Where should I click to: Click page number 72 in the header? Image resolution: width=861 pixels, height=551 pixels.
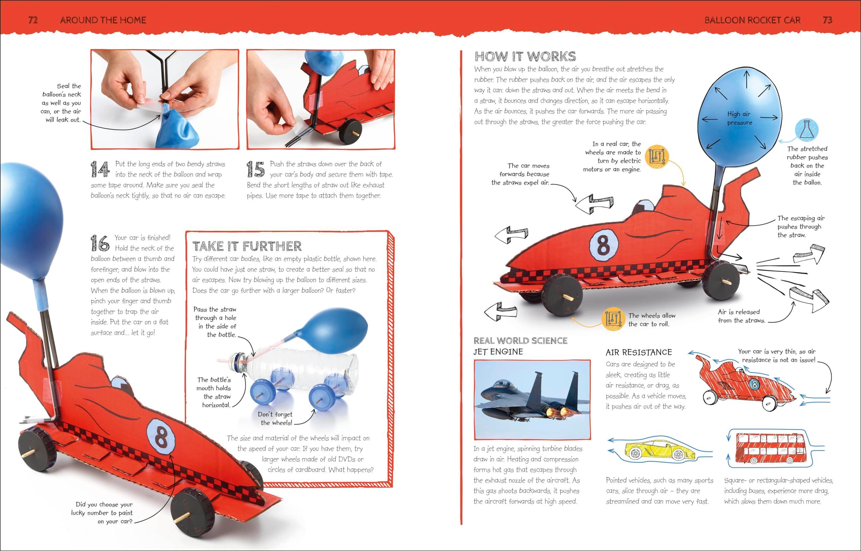tap(33, 20)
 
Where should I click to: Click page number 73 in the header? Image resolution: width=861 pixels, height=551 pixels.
tap(827, 20)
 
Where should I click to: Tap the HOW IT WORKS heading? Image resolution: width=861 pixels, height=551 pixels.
tap(525, 57)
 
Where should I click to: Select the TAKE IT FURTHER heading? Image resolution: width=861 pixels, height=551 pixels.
tap(247, 246)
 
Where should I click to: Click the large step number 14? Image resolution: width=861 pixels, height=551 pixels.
tap(100, 169)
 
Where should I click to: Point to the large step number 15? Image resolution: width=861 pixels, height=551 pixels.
tap(255, 169)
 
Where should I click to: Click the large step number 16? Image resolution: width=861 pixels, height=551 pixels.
tap(100, 243)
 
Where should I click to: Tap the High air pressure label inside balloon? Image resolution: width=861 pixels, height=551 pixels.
tap(739, 118)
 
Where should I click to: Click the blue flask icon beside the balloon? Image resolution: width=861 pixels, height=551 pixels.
tap(807, 130)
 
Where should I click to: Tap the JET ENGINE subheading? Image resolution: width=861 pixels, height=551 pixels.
tap(498, 352)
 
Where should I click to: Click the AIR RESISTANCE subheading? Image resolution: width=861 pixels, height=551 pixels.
tap(639, 352)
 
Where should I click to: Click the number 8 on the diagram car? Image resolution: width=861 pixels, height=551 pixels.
tap(603, 246)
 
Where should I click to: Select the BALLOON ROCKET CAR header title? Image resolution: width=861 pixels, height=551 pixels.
tap(752, 20)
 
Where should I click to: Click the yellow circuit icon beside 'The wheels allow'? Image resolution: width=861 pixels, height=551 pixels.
tap(612, 318)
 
